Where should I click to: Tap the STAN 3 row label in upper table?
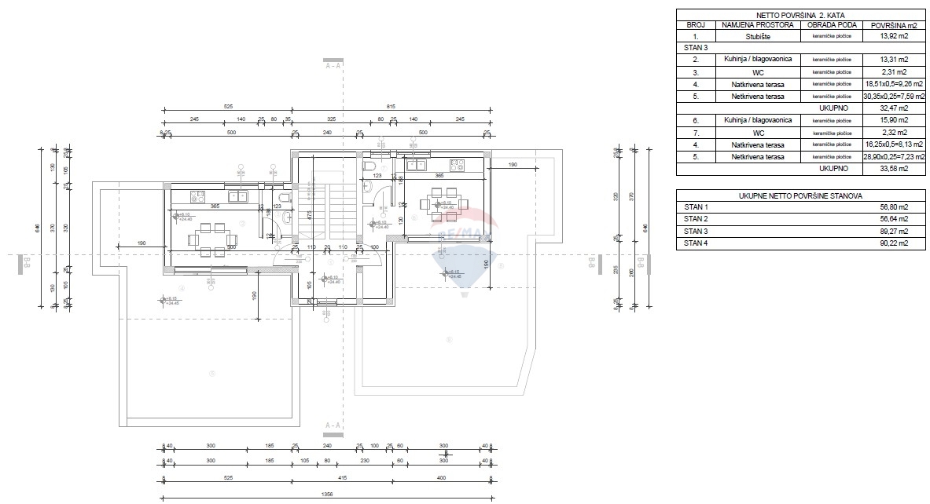pyautogui.click(x=696, y=48)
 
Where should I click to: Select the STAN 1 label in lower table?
pyautogui.click(x=696, y=207)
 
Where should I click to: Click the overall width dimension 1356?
pyautogui.click(x=326, y=495)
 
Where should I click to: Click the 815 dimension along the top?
pyautogui.click(x=391, y=106)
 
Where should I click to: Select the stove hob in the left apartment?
pyautogui.click(x=198, y=195)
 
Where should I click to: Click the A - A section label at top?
pyautogui.click(x=333, y=66)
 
